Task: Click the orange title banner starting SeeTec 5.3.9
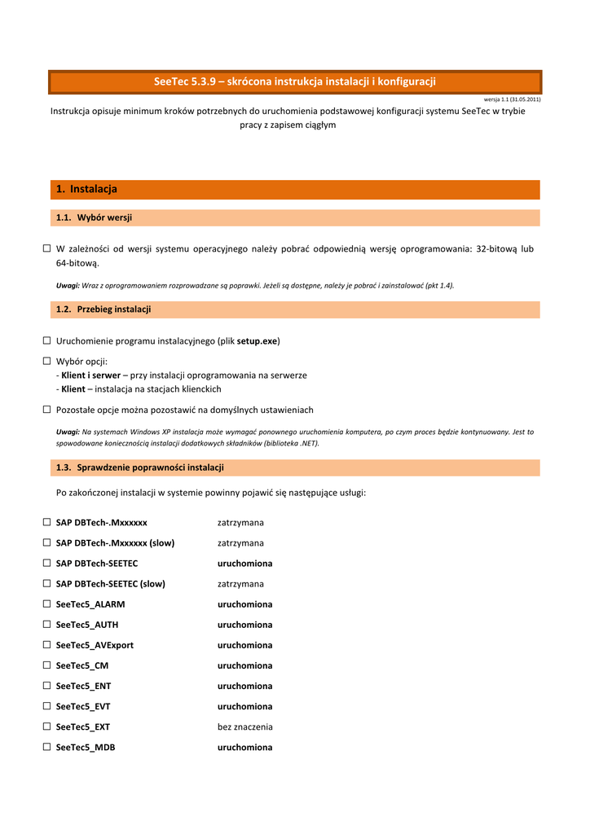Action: point(295,81)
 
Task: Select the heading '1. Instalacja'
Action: point(87,189)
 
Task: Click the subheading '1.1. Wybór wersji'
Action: point(95,217)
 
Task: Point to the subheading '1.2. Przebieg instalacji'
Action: point(103,309)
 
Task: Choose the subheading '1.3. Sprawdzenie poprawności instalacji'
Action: point(139,467)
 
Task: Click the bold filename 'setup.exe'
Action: point(257,340)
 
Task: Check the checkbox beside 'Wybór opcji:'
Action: point(47,361)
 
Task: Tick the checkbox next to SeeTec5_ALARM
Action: point(47,604)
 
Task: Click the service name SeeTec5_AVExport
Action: point(95,645)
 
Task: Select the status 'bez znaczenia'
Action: point(244,726)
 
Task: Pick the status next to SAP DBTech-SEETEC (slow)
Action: point(240,584)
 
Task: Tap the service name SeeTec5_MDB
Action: point(86,747)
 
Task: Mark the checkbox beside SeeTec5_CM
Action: point(47,665)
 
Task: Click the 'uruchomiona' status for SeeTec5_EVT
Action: point(244,706)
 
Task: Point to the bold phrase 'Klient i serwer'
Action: point(90,375)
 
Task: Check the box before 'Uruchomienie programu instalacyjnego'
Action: point(47,340)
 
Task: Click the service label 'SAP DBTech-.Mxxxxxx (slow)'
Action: point(115,542)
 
